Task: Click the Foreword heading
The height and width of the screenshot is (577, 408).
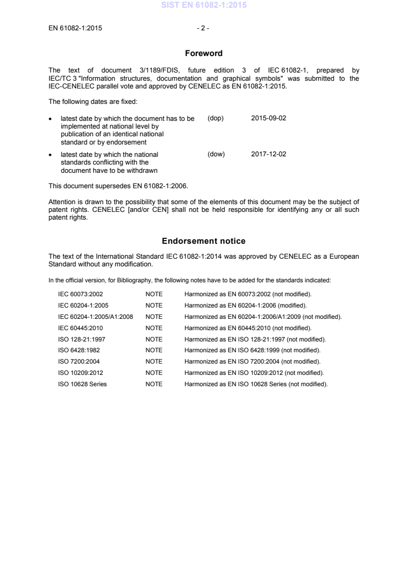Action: [204, 53]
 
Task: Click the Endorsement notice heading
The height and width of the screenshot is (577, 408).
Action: [204, 241]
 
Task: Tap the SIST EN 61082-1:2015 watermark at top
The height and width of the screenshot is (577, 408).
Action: [204, 6]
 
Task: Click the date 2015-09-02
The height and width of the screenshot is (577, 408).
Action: [268, 118]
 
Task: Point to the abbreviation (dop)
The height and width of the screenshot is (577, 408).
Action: [215, 118]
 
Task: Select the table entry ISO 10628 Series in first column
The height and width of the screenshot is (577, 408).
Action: [83, 385]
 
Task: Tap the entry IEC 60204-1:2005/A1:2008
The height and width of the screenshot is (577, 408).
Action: [96, 317]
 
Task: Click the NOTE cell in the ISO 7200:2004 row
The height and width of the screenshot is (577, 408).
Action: [154, 362]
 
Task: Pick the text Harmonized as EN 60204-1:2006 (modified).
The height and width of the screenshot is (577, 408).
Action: [245, 305]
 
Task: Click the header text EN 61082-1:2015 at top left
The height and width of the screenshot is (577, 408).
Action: [75, 28]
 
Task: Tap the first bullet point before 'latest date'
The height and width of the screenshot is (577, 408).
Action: [50, 119]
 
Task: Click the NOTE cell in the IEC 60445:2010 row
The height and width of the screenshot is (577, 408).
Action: [154, 328]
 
